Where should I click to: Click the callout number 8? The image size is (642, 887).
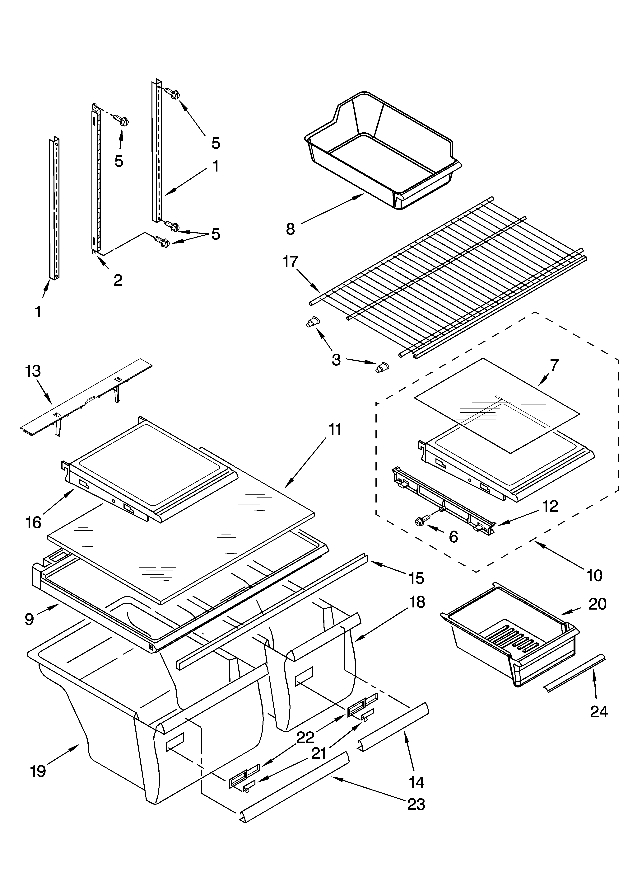[290, 229]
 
